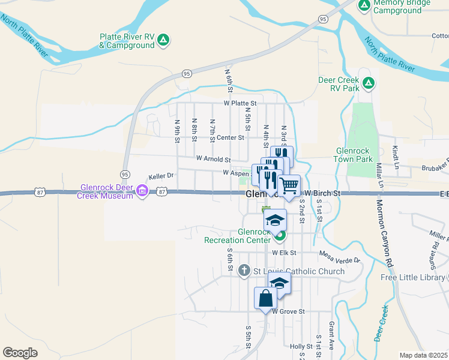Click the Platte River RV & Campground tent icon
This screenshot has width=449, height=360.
[163, 40]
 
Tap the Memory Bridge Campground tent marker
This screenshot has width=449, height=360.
[364, 6]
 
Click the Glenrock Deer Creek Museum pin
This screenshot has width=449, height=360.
[142, 191]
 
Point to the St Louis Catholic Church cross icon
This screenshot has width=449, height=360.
[244, 271]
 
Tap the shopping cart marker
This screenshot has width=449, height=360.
[289, 186]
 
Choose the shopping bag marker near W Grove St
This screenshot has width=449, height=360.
[265, 298]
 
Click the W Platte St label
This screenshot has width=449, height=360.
[240, 103]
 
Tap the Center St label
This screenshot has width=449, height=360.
[231, 137]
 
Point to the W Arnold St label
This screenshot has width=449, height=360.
[213, 160]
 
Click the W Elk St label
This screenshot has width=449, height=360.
[285, 253]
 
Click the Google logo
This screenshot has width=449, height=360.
[20, 353]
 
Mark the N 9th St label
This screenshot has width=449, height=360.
[178, 131]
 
